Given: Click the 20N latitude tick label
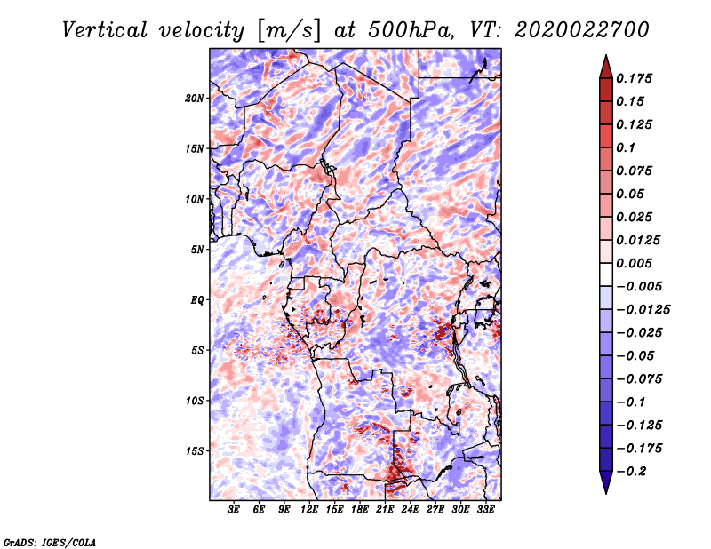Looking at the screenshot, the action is tap(194, 99).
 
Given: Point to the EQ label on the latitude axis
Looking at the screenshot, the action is tap(196, 300).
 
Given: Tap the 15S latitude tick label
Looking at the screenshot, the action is tap(194, 451).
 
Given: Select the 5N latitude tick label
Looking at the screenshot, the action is tap(197, 250).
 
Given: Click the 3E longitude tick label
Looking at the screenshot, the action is tap(234, 510).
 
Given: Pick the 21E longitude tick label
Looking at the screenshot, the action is tap(385, 510).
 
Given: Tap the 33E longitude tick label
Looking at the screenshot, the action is tap(485, 510).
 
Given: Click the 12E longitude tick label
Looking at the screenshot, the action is tap(308, 510).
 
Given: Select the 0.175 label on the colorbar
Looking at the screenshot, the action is tap(634, 78).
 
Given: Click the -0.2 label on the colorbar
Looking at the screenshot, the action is tap(631, 472).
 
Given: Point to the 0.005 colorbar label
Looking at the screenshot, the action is tap(634, 263).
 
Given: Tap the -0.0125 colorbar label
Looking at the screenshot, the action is tap(643, 310).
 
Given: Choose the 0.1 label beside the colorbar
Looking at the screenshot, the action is tap(626, 147).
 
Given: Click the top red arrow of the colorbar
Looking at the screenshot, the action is tap(606, 68).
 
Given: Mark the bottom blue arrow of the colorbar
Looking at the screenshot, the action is tap(606, 482).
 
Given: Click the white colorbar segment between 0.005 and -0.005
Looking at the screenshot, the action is tap(606, 274).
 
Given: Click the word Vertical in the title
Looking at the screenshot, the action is tap(104, 30).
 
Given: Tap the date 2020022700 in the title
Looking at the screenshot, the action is tap(582, 30).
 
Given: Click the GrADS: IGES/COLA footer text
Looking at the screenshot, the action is tap(50, 543).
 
